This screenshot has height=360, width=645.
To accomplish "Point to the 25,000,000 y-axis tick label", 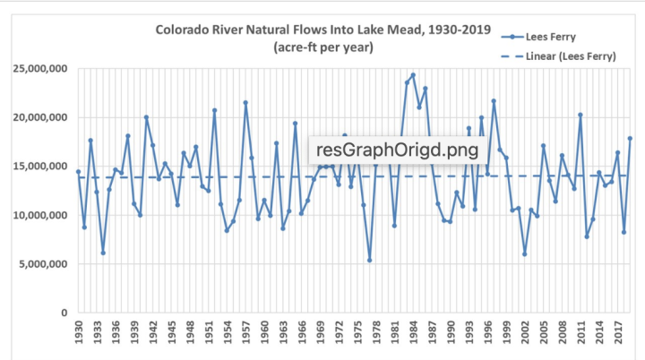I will (39, 70).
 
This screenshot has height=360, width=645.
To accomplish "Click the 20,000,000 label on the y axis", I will (39, 118).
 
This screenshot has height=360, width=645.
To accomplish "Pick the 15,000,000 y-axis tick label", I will (39, 167).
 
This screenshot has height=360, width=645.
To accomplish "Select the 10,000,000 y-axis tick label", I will (39, 216).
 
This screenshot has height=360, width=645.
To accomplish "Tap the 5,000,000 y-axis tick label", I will (42, 264).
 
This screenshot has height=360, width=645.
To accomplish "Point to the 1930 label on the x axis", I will (79, 333).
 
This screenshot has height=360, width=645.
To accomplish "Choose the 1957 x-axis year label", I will (245, 333).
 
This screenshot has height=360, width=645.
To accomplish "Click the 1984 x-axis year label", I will (412, 333).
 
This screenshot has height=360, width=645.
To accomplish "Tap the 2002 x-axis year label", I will (524, 333).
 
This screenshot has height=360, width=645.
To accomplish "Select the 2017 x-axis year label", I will (617, 333).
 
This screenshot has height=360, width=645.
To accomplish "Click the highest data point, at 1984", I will (413, 75).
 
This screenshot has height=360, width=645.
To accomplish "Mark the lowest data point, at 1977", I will (369, 261).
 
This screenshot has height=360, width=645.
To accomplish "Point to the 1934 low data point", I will (103, 253).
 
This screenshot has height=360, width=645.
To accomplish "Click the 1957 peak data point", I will (245, 103).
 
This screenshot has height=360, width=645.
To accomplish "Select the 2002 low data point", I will (524, 254).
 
